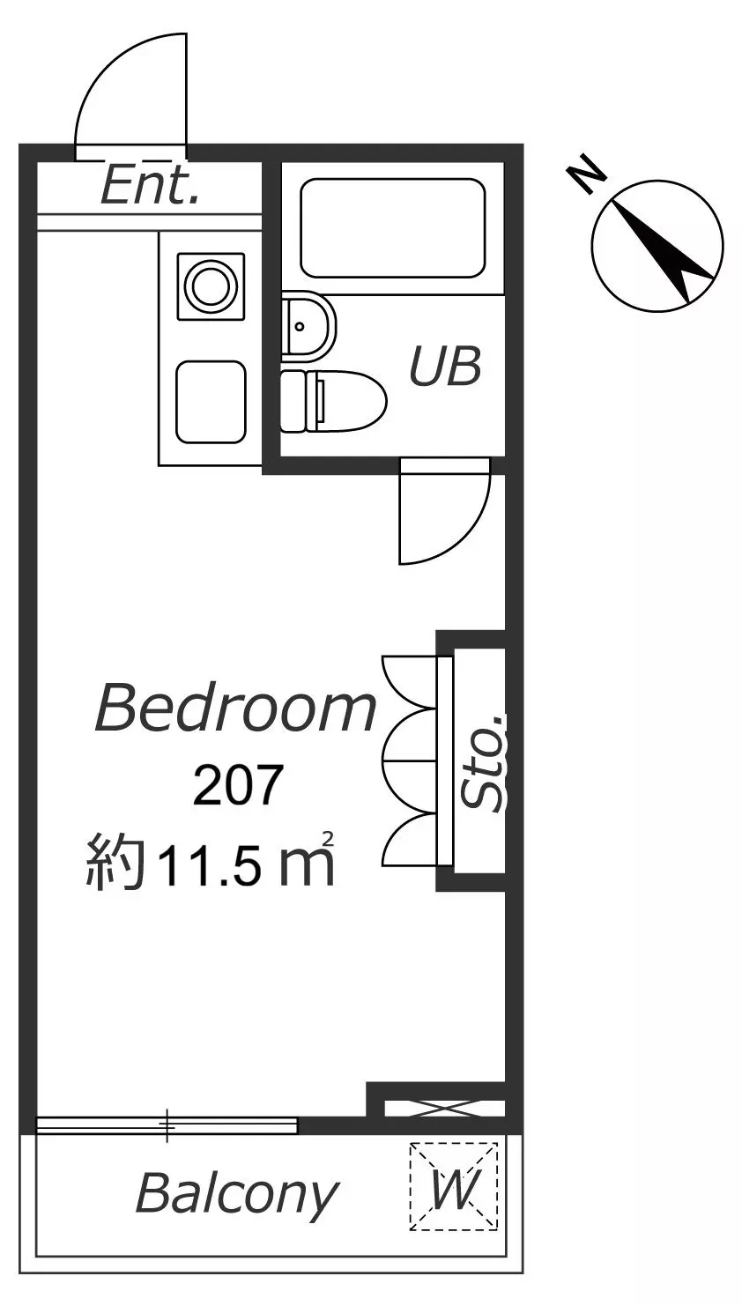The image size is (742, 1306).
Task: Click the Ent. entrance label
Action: point(149,185)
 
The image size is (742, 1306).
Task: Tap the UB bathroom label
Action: point(445,366)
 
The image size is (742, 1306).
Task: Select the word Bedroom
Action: point(235,709)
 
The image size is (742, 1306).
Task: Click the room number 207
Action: point(238,786)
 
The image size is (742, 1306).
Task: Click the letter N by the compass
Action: point(586,173)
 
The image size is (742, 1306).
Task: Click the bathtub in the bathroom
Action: point(392,228)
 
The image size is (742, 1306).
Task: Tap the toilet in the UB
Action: point(333,402)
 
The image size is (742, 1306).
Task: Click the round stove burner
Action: point(211,286)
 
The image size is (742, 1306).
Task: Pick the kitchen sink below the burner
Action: point(211,402)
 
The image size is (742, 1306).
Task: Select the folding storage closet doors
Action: point(410,761)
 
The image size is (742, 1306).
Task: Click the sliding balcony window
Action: point(167,1125)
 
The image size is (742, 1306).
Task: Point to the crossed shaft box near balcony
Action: point(444,1109)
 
